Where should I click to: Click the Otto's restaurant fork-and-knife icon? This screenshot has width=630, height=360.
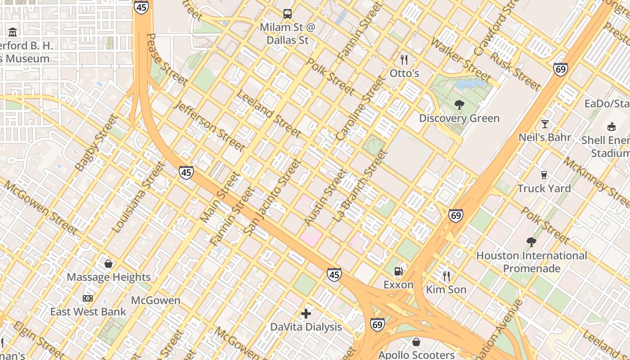point(404,59)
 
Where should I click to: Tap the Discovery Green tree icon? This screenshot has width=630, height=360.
point(459,105)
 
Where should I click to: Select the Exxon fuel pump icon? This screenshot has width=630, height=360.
point(398,271)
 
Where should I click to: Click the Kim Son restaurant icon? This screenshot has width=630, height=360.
point(446,276)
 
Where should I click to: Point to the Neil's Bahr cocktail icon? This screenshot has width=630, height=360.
point(545,124)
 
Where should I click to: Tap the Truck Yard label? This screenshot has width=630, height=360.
point(544,189)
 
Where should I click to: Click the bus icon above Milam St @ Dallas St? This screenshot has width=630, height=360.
point(288,14)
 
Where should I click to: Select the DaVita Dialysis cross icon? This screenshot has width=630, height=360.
point(306,314)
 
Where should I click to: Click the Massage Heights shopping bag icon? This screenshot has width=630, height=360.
point(108,264)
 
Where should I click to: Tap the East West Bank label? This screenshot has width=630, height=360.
point(88,311)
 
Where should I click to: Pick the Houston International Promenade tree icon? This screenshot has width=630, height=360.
point(531,242)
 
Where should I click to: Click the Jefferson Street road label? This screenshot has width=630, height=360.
point(210,126)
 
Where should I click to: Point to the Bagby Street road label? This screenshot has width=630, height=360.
point(96,144)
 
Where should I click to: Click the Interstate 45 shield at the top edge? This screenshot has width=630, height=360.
point(141,6)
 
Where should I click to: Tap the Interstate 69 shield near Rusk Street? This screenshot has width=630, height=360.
point(560,69)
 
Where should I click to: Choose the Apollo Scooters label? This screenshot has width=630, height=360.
point(416,355)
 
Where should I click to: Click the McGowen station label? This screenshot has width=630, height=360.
point(156,300)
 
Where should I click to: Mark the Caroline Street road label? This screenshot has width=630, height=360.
point(360,108)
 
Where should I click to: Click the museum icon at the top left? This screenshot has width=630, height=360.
point(13,32)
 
